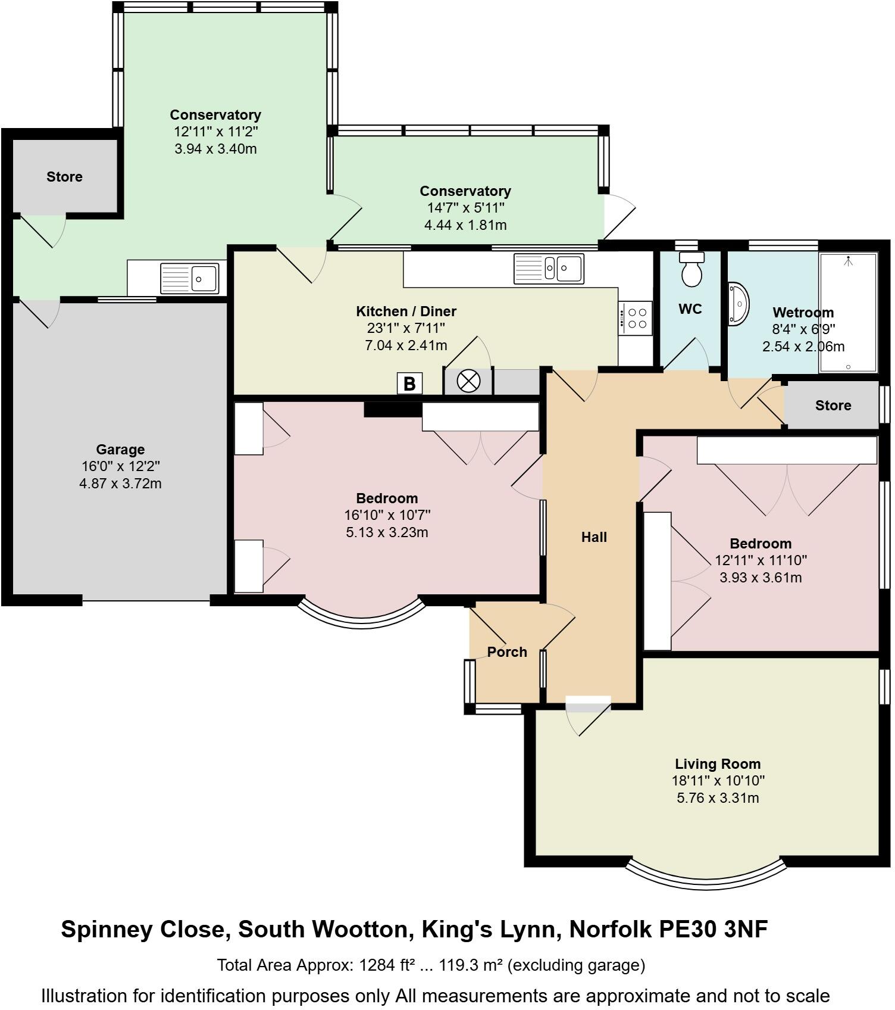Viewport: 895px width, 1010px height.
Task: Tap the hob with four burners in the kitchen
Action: pyautogui.click(x=635, y=318)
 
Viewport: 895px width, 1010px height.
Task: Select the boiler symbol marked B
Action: pyautogui.click(x=409, y=384)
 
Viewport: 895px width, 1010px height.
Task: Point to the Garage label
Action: pyautogui.click(x=120, y=450)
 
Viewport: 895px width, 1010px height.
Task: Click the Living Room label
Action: pyautogui.click(x=717, y=764)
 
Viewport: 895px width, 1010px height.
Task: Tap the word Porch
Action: pyautogui.click(x=506, y=652)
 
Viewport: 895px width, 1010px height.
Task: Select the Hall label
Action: pyautogui.click(x=593, y=537)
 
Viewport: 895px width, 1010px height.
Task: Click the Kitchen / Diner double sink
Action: pyautogui.click(x=549, y=268)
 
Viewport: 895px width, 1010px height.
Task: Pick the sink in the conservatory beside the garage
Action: pyautogui.click(x=189, y=278)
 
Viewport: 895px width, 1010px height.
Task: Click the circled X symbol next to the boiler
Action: pyautogui.click(x=468, y=382)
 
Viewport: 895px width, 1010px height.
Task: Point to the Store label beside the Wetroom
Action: pyautogui.click(x=833, y=406)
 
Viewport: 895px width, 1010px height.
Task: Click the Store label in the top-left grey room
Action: pyautogui.click(x=64, y=177)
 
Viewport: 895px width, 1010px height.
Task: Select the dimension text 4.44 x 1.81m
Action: pyautogui.click(x=465, y=225)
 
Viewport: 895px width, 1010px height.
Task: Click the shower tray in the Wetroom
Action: pyautogui.click(x=848, y=313)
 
